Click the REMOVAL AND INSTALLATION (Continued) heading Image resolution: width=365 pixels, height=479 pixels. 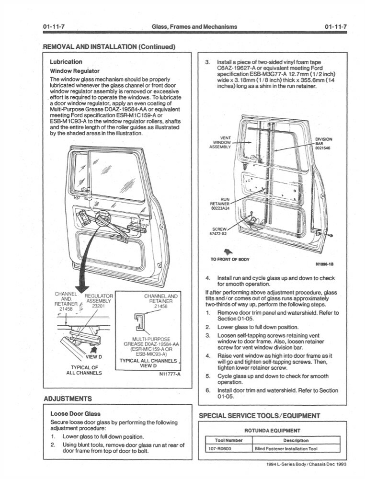[109, 46]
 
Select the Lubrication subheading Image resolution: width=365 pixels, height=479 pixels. [66, 62]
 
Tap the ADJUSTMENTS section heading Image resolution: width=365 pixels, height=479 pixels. [68, 399]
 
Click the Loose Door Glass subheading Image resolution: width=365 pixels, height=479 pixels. [76, 413]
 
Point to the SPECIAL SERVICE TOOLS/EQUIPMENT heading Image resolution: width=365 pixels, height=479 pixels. [259, 415]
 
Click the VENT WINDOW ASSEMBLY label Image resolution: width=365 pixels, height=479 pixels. [221, 142]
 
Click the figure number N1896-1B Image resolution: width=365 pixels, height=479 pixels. [325, 263]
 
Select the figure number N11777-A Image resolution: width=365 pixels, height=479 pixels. [169, 375]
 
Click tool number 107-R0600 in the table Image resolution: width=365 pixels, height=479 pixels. [221, 449]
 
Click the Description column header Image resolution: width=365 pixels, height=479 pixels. [296, 440]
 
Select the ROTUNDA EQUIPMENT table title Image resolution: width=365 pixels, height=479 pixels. [272, 430]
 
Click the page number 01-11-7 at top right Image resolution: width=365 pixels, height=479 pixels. [335, 26]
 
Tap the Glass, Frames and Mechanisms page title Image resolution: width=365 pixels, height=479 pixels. [194, 26]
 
